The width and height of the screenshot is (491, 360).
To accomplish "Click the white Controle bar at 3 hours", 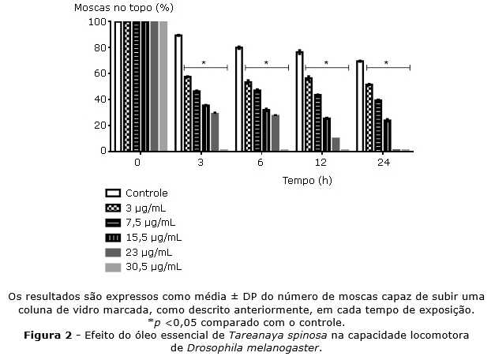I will coord(178,93).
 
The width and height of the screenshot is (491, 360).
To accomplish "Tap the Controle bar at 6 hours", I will coord(239,99).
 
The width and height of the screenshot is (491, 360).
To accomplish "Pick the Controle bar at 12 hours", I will coord(300,101).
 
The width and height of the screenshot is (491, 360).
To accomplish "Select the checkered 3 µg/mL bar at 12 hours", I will coord(309,114).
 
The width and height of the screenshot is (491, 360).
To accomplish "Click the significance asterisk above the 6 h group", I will coord(266,63).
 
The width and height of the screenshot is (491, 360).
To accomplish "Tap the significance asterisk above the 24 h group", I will coord(387,63).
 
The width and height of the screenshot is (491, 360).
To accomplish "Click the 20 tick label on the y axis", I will coord(99,125).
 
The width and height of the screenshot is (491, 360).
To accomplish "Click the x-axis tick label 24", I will coord(383,163).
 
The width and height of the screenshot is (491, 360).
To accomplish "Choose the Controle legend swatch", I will coord(112,193).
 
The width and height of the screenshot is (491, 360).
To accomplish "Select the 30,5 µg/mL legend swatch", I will coord(112,268).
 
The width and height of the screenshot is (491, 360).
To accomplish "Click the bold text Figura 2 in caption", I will coord(46,335).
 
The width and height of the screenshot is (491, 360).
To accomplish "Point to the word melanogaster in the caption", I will coord(284,347).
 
